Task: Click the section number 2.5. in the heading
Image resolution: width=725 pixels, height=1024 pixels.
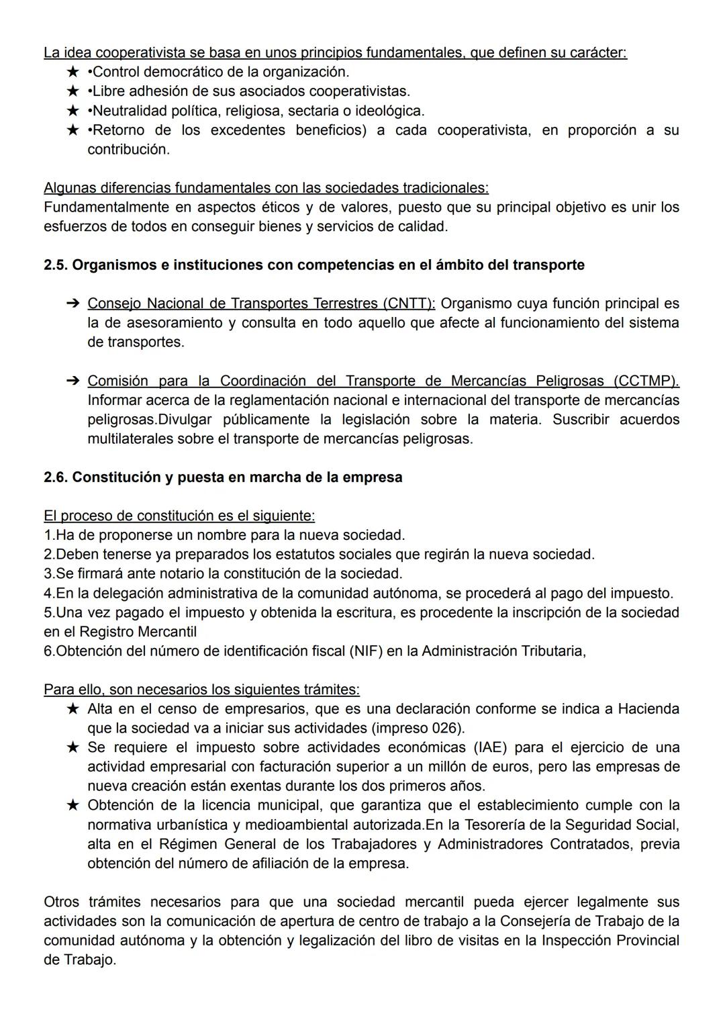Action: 56,265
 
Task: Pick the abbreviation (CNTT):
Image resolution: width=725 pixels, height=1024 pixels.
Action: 409,304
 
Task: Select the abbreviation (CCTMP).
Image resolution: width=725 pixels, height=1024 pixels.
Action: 646,381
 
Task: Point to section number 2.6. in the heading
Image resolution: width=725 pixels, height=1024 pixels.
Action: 56,477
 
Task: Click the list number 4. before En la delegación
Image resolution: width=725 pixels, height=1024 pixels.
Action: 49,594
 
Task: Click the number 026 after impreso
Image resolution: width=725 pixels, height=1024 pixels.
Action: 448,729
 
